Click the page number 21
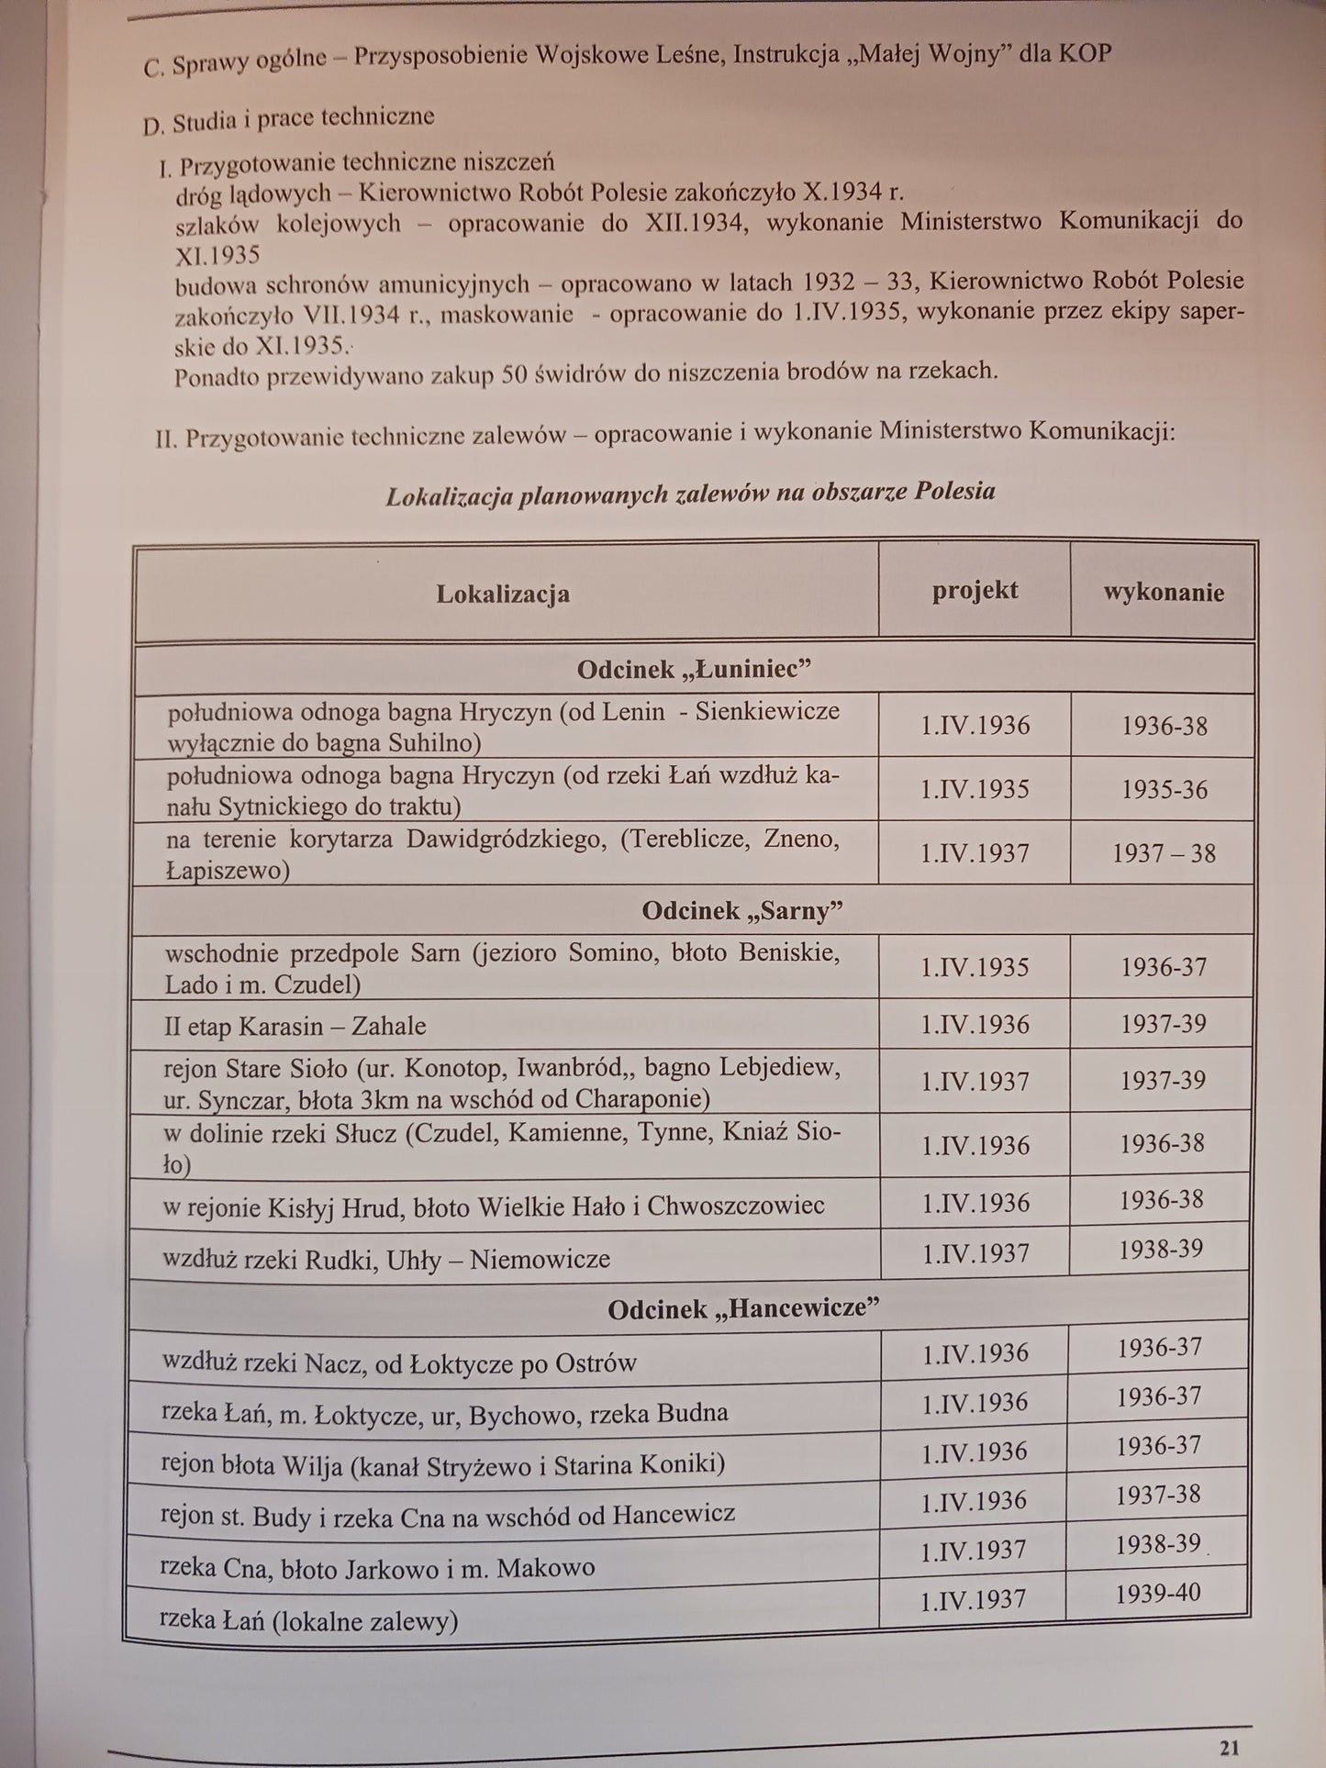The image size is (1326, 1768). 1229,1746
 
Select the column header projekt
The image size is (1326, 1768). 975,590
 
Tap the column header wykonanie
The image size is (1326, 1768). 1163,593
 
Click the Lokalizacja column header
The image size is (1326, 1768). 503,594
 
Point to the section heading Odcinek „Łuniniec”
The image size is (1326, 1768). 694,670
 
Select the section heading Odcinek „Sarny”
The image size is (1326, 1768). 741,911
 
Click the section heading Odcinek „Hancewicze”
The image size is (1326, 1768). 743,1308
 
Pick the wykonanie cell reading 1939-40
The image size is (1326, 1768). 1158,1594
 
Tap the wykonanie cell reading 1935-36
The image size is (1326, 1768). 1164,790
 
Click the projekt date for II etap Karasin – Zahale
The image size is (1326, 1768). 975,1024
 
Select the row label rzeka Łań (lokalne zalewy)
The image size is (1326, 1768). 308,1621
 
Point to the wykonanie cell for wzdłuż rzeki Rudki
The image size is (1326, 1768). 1160,1250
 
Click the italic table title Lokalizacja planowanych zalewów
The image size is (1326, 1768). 690,495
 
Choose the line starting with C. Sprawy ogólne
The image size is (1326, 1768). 627,58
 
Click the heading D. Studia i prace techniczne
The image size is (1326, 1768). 288,119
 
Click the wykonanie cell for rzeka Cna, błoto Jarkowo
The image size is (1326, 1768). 1158,1544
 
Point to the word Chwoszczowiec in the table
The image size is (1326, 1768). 736,1206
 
